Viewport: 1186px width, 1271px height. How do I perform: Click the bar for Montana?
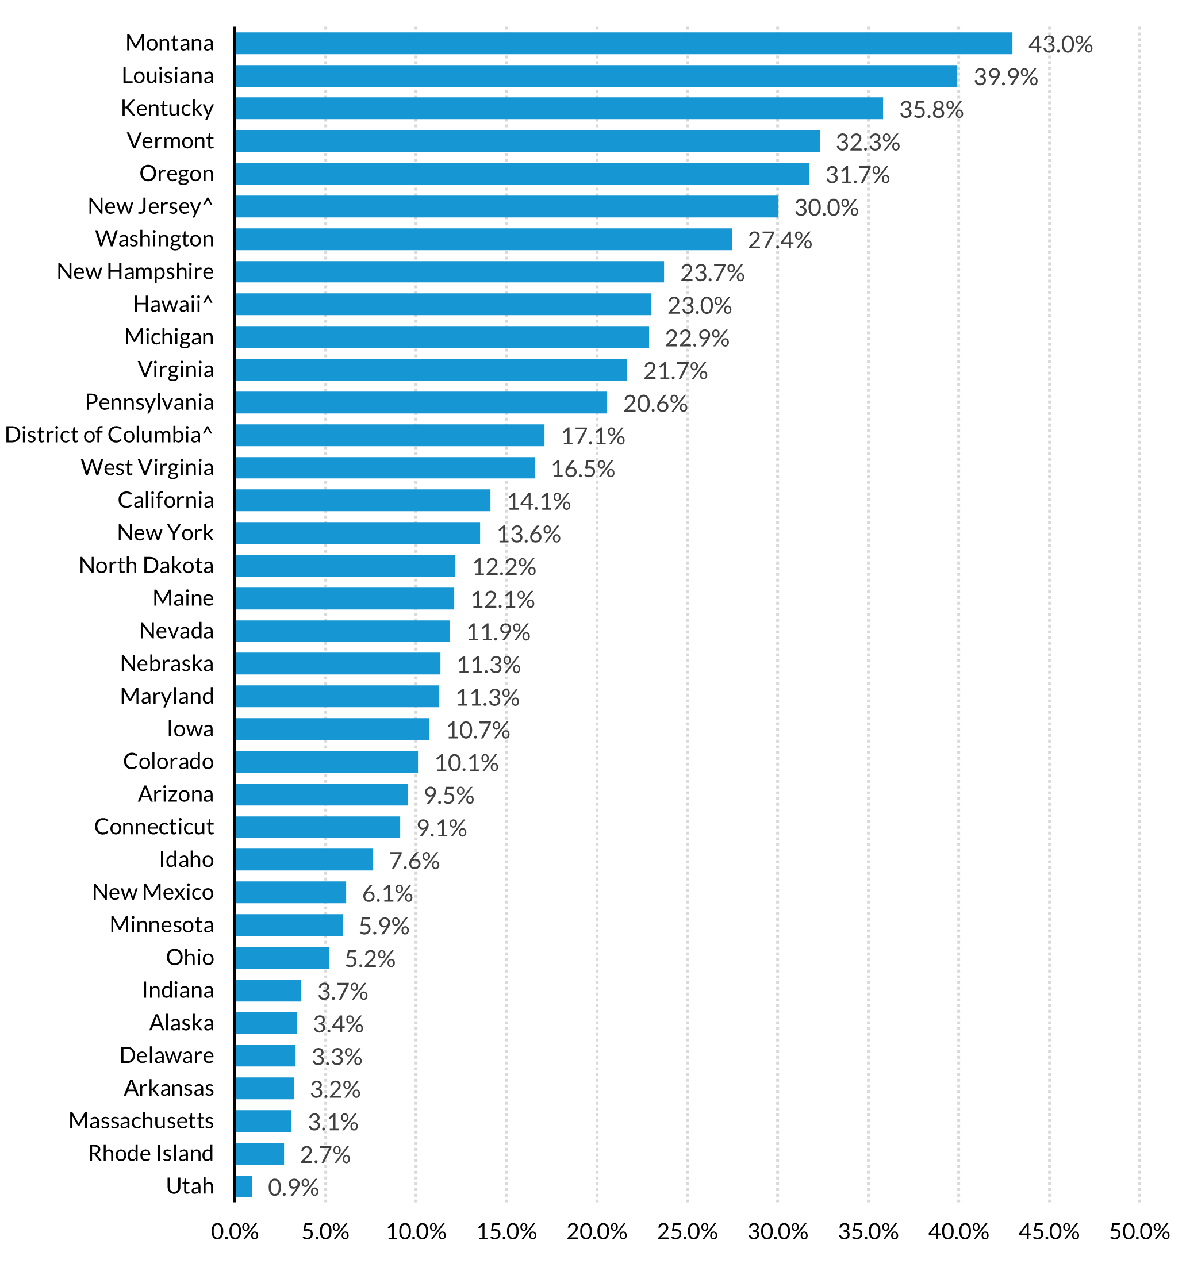click(623, 44)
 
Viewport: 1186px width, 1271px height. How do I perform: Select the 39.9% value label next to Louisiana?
click(1005, 76)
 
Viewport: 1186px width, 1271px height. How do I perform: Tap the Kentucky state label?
click(167, 108)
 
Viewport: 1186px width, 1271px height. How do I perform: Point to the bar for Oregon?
click(521, 174)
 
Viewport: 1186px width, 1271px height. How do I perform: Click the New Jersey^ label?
click(150, 206)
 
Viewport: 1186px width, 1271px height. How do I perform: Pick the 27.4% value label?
click(780, 240)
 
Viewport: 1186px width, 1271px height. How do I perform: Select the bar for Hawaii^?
click(443, 304)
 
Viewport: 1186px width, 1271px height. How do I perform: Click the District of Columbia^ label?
click(109, 435)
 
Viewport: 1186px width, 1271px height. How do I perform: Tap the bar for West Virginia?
click(385, 467)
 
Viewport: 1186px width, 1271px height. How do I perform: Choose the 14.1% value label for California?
click(538, 501)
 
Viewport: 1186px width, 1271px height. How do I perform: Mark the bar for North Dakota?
click(346, 566)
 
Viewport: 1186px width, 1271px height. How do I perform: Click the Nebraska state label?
click(167, 663)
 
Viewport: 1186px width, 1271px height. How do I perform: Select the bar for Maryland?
click(337, 696)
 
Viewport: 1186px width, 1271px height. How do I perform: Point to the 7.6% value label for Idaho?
click(414, 861)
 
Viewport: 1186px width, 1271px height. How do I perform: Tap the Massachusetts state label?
click(141, 1120)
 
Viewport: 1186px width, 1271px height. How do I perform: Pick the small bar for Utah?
click(244, 1186)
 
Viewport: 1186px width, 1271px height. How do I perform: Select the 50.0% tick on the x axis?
click(1139, 1231)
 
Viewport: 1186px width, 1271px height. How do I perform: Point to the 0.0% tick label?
click(235, 1231)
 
